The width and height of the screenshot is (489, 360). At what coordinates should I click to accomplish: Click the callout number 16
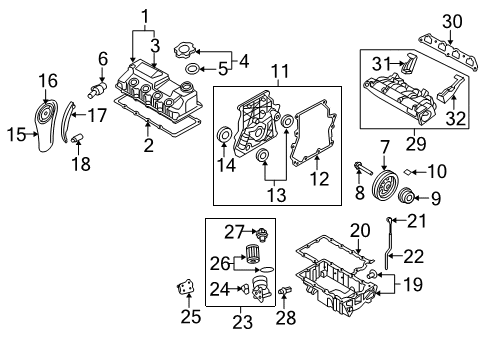coord(48,80)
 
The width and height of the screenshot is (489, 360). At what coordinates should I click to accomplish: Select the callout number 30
coord(452,21)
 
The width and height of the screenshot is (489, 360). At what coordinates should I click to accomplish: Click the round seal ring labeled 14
coord(223,137)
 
